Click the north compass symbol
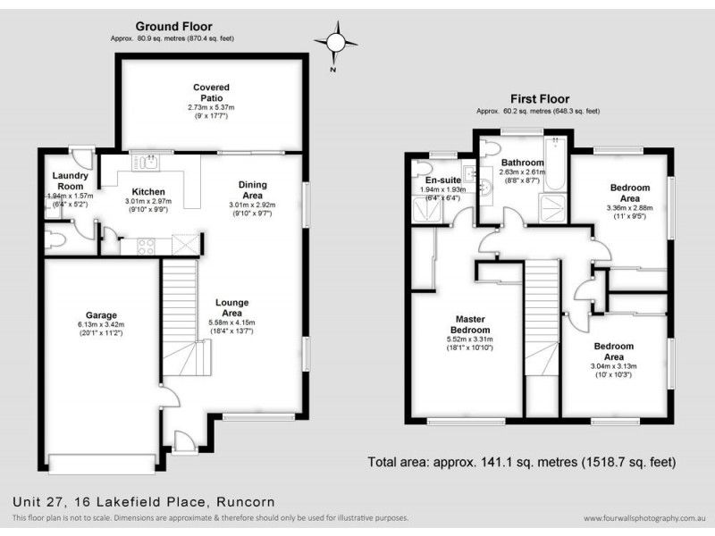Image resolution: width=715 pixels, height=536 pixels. coord(337,42)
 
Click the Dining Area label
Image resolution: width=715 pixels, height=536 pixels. coord(252,189)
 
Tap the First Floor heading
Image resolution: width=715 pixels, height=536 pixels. coord(539,99)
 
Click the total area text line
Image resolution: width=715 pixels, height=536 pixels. coord(521,463)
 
